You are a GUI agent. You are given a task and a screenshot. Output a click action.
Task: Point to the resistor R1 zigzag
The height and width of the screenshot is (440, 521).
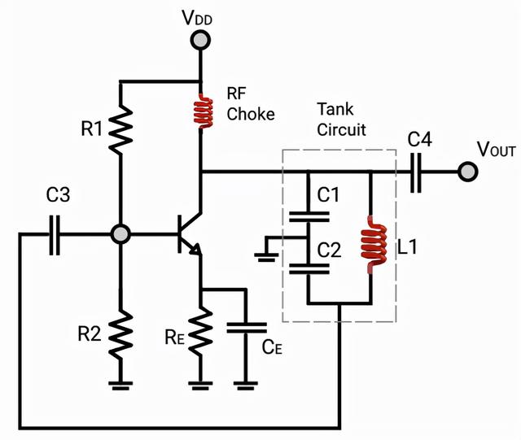tap(120, 128)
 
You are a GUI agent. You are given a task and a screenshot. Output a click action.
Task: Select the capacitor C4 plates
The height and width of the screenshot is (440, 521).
tap(417, 172)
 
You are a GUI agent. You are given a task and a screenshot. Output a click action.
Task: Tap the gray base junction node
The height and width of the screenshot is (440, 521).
tap(120, 234)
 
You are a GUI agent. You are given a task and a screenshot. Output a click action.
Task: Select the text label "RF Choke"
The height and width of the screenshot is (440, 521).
tap(249, 104)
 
